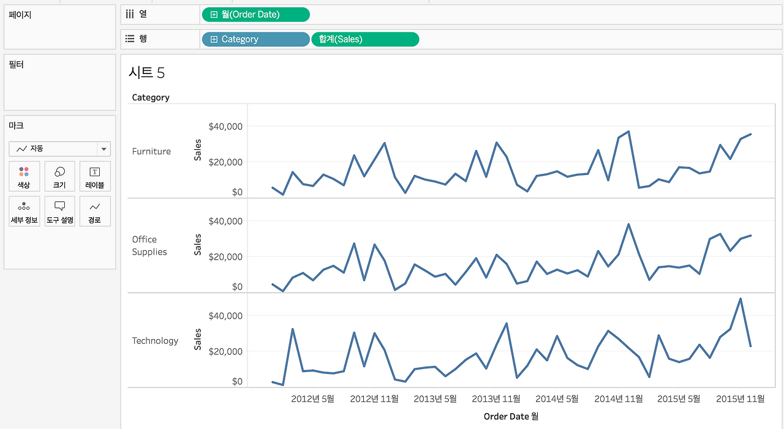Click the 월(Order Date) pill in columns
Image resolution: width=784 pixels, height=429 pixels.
[256, 15]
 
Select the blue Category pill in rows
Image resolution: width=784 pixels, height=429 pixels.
[256, 39]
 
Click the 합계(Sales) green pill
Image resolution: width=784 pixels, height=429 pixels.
[365, 39]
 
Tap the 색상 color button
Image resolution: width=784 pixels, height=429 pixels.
[24, 176]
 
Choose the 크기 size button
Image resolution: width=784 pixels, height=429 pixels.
[59, 176]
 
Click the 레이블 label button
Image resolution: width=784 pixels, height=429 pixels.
[95, 176]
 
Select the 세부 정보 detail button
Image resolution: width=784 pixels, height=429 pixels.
[24, 211]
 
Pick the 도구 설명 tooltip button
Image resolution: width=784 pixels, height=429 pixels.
[59, 211]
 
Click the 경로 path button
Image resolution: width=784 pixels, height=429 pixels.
[95, 211]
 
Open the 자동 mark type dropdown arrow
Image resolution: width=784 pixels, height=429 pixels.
[104, 149]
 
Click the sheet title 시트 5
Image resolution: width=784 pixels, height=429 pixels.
[146, 73]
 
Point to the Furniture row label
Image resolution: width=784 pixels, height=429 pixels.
[151, 151]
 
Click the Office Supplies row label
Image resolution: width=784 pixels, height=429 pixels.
[149, 245]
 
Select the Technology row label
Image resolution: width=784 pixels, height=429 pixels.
[155, 340]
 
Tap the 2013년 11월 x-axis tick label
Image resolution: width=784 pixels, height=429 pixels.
[496, 398]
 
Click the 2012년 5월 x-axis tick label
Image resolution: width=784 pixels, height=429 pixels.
[312, 398]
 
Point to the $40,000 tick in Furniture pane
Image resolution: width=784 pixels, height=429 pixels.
[225, 127]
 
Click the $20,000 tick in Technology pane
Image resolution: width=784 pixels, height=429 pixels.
[225, 351]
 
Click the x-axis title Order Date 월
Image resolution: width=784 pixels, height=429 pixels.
[511, 416]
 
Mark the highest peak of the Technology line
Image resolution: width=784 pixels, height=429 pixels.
[741, 299]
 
